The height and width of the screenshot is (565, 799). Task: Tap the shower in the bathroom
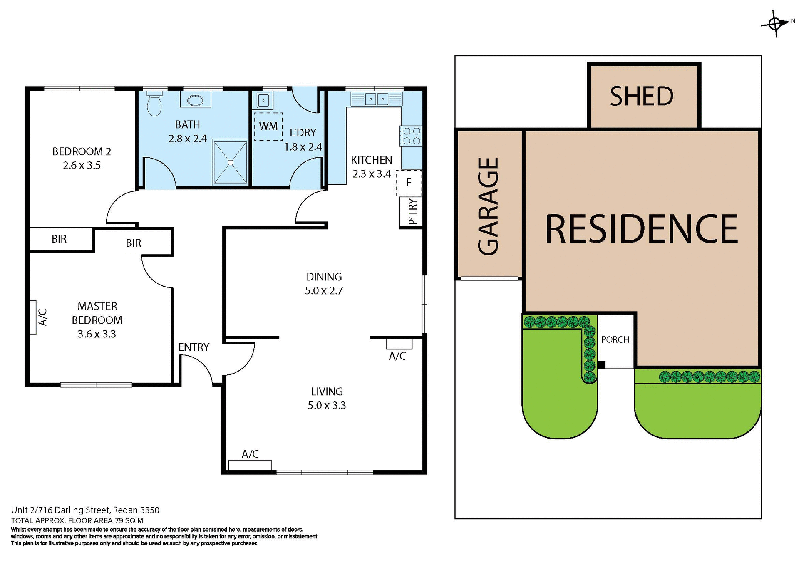click(x=230, y=162)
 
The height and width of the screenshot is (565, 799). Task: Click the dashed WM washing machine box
click(x=268, y=126)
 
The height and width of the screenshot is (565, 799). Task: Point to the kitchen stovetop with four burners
click(x=411, y=136)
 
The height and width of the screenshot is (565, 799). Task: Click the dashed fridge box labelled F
click(x=409, y=183)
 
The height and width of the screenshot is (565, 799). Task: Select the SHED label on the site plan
click(x=641, y=97)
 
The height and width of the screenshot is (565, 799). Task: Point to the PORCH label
click(x=615, y=339)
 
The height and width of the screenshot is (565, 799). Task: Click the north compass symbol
click(x=775, y=24)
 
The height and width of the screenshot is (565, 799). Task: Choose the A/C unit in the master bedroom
click(x=33, y=317)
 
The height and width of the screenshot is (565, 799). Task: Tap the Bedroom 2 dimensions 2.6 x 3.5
click(x=82, y=165)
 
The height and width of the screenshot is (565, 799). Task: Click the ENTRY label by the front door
click(x=194, y=347)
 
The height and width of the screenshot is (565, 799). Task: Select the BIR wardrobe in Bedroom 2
click(x=60, y=239)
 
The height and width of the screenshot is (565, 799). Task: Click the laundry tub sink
click(x=263, y=100)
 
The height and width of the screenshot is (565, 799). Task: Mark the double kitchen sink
click(x=377, y=99)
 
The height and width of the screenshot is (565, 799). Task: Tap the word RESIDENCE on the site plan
click(x=641, y=229)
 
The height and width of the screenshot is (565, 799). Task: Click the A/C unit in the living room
click(x=250, y=465)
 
